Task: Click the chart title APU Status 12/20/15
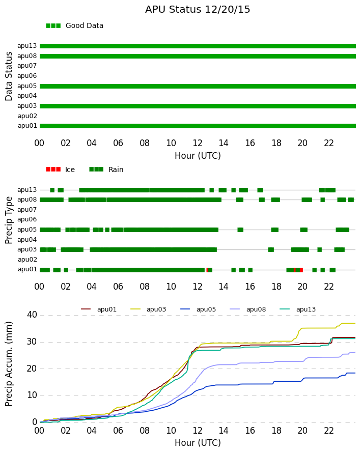point(198,10)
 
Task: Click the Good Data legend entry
point(74,26)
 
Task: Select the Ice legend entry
point(61,169)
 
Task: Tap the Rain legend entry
point(106,169)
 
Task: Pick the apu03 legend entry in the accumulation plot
point(148,309)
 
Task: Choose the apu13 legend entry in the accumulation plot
point(298,309)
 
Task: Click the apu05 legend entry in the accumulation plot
point(198,309)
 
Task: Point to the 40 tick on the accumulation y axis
point(32,315)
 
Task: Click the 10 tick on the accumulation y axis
point(32,395)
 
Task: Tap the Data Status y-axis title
point(9,76)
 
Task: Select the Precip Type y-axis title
point(9,220)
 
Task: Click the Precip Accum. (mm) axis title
point(9,364)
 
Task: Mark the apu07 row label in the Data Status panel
point(27,66)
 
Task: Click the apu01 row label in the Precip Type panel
point(27,269)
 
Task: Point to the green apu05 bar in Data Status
point(198,86)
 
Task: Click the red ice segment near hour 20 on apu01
point(301,270)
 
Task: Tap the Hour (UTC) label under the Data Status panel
point(198,156)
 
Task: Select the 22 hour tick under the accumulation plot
point(329,431)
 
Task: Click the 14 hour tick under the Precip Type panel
point(224,287)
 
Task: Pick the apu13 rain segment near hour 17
point(260,190)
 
